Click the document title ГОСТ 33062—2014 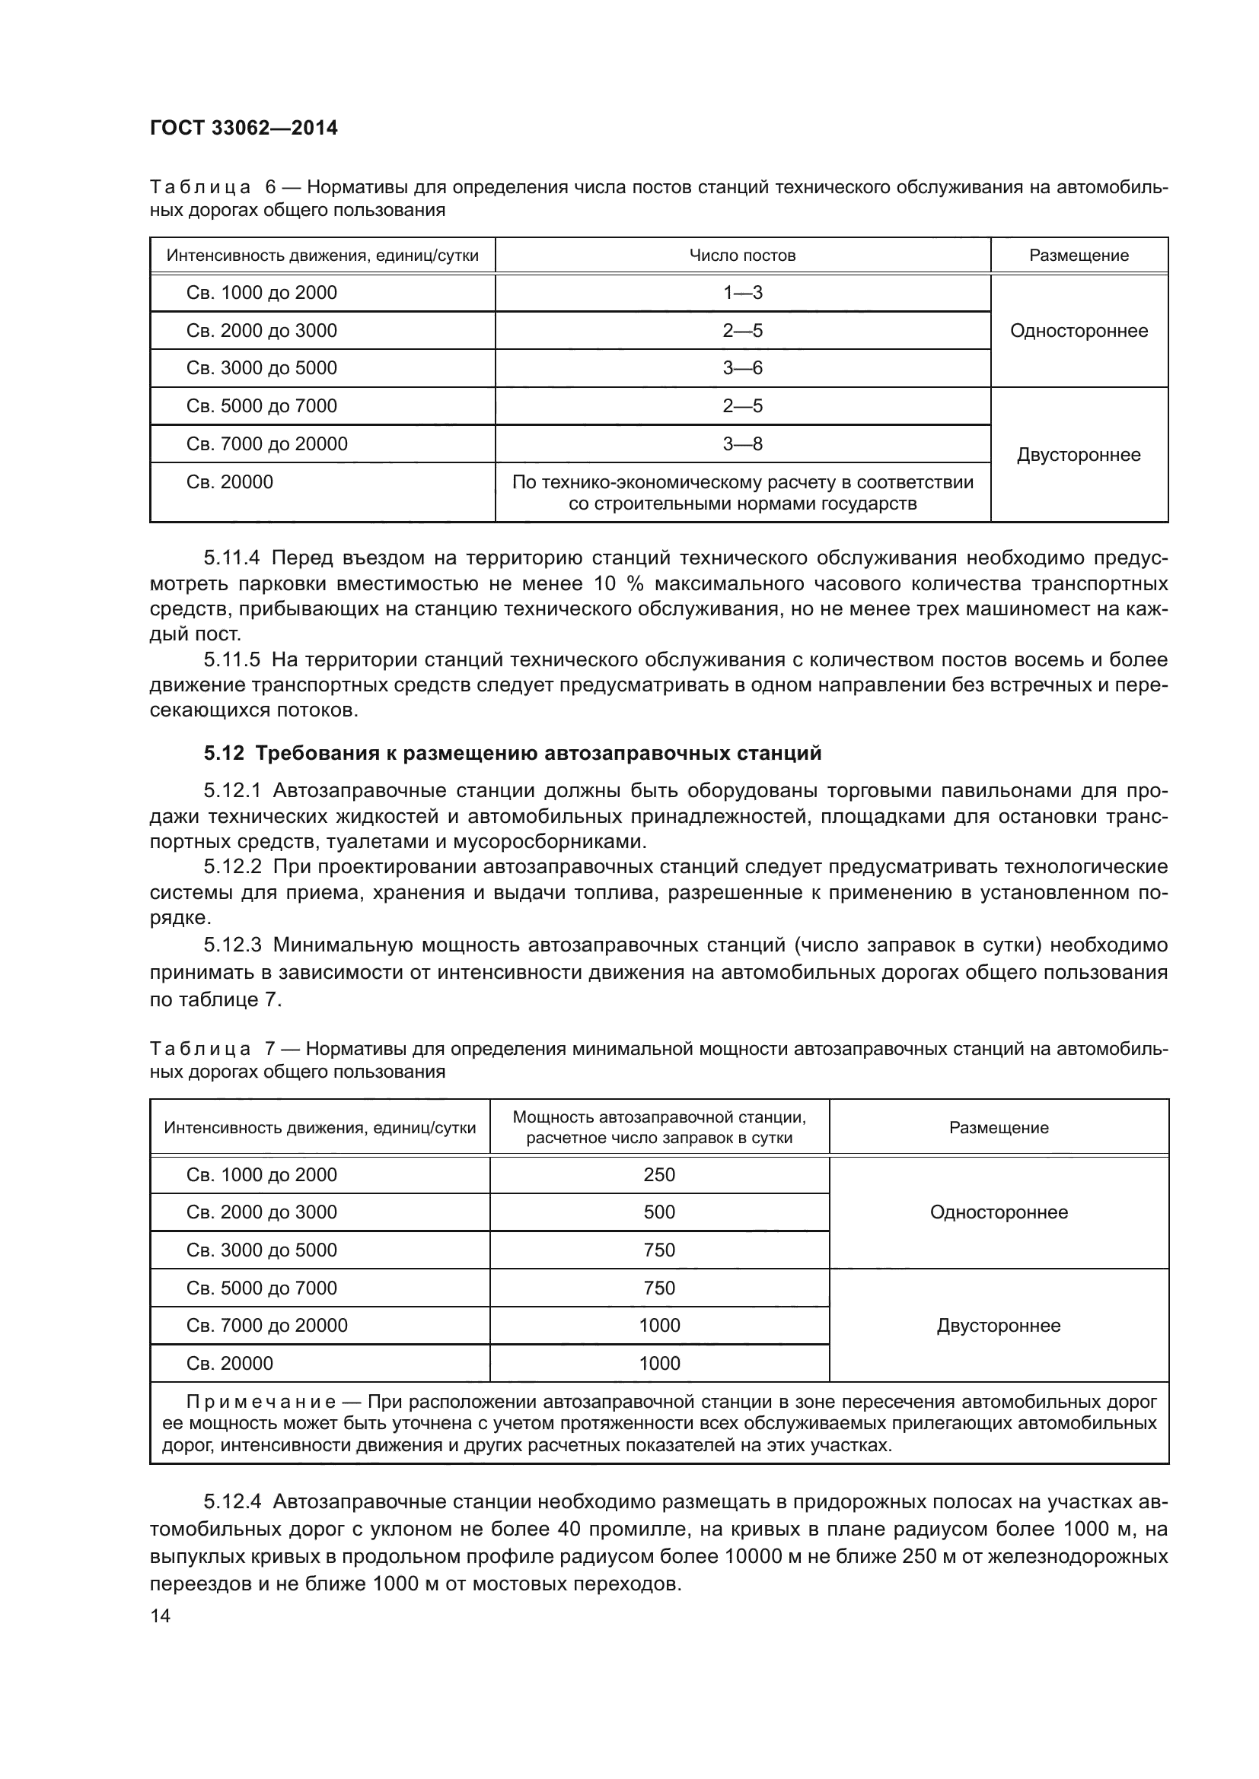pos(244,128)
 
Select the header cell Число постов pos(742,256)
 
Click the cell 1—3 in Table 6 pos(742,293)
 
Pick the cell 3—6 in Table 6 pos(742,368)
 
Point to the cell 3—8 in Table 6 pos(742,444)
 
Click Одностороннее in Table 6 pos(1079,331)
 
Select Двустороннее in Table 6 pos(1079,455)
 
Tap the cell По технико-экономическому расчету pos(742,493)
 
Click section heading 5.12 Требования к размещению pos(512,753)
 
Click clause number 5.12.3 pos(233,945)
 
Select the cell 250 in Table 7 pos(659,1174)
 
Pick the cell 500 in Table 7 pos(659,1212)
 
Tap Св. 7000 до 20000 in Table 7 pos(266,1325)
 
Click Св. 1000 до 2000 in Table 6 pos(261,293)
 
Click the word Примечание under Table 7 pos(260,1402)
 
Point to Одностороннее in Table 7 pos(999,1212)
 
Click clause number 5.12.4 pos(233,1501)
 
